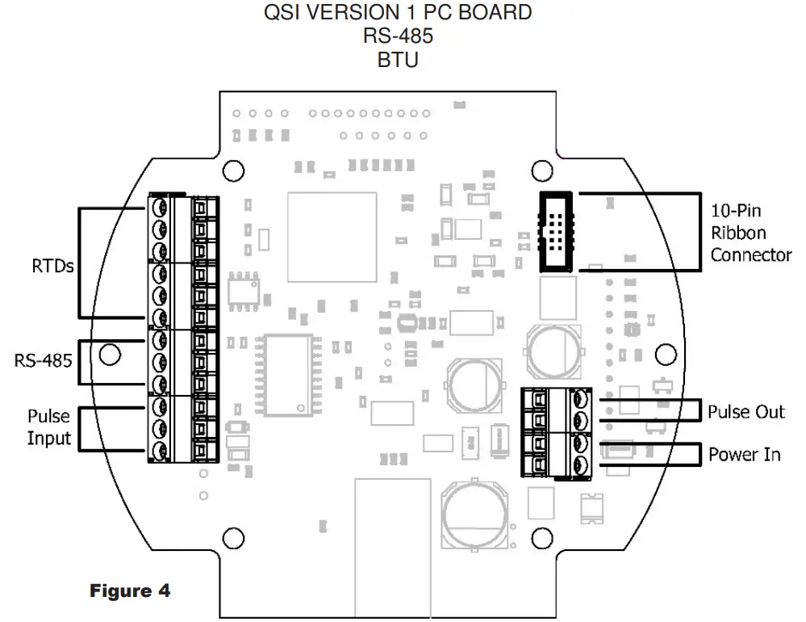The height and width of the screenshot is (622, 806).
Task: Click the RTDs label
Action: click(x=52, y=265)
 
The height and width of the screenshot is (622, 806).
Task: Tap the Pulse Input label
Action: click(x=48, y=428)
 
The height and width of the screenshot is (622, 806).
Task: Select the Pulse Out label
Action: click(x=745, y=412)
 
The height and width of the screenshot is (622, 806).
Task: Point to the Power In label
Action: click(x=744, y=455)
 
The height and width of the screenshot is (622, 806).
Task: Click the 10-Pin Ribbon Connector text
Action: click(x=750, y=233)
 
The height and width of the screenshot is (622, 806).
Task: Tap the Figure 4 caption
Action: click(x=129, y=591)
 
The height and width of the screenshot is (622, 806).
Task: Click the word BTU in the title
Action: click(x=398, y=60)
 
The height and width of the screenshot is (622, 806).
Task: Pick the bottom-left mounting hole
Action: click(x=233, y=536)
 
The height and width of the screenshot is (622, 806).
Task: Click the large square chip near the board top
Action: click(x=332, y=237)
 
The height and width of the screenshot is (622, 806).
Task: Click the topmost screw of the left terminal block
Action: click(x=160, y=208)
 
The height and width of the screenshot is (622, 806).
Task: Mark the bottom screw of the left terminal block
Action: click(x=160, y=449)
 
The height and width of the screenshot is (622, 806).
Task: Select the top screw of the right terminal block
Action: click(x=580, y=399)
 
